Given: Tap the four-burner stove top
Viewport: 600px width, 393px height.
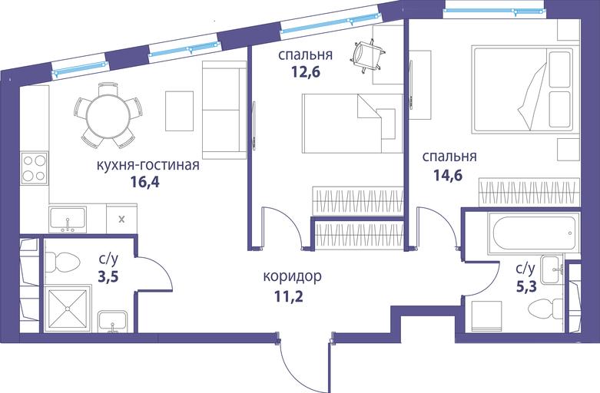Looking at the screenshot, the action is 35,168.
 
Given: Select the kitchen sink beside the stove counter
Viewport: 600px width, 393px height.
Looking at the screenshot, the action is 68,220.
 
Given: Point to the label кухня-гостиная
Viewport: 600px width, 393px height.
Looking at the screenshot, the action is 148,165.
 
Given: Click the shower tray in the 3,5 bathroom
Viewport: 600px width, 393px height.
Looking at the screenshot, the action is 68,308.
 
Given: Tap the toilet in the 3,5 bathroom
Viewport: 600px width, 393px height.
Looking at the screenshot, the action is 62,263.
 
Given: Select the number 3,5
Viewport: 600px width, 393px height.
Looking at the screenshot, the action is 108,276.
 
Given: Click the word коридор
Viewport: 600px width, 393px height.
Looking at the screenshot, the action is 292,276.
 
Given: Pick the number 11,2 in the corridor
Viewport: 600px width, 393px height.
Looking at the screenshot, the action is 289,296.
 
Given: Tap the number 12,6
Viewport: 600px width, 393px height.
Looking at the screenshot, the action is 305,71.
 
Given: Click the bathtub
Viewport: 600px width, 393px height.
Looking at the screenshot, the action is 534,233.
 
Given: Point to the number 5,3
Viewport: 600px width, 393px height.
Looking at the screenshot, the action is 526,286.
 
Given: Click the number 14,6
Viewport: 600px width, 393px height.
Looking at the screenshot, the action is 448,175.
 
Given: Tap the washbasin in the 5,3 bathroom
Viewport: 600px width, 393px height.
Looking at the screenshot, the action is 552,269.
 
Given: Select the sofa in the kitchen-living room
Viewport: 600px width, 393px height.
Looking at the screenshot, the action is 224,110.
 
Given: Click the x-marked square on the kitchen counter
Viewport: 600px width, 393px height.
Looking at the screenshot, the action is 121,219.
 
